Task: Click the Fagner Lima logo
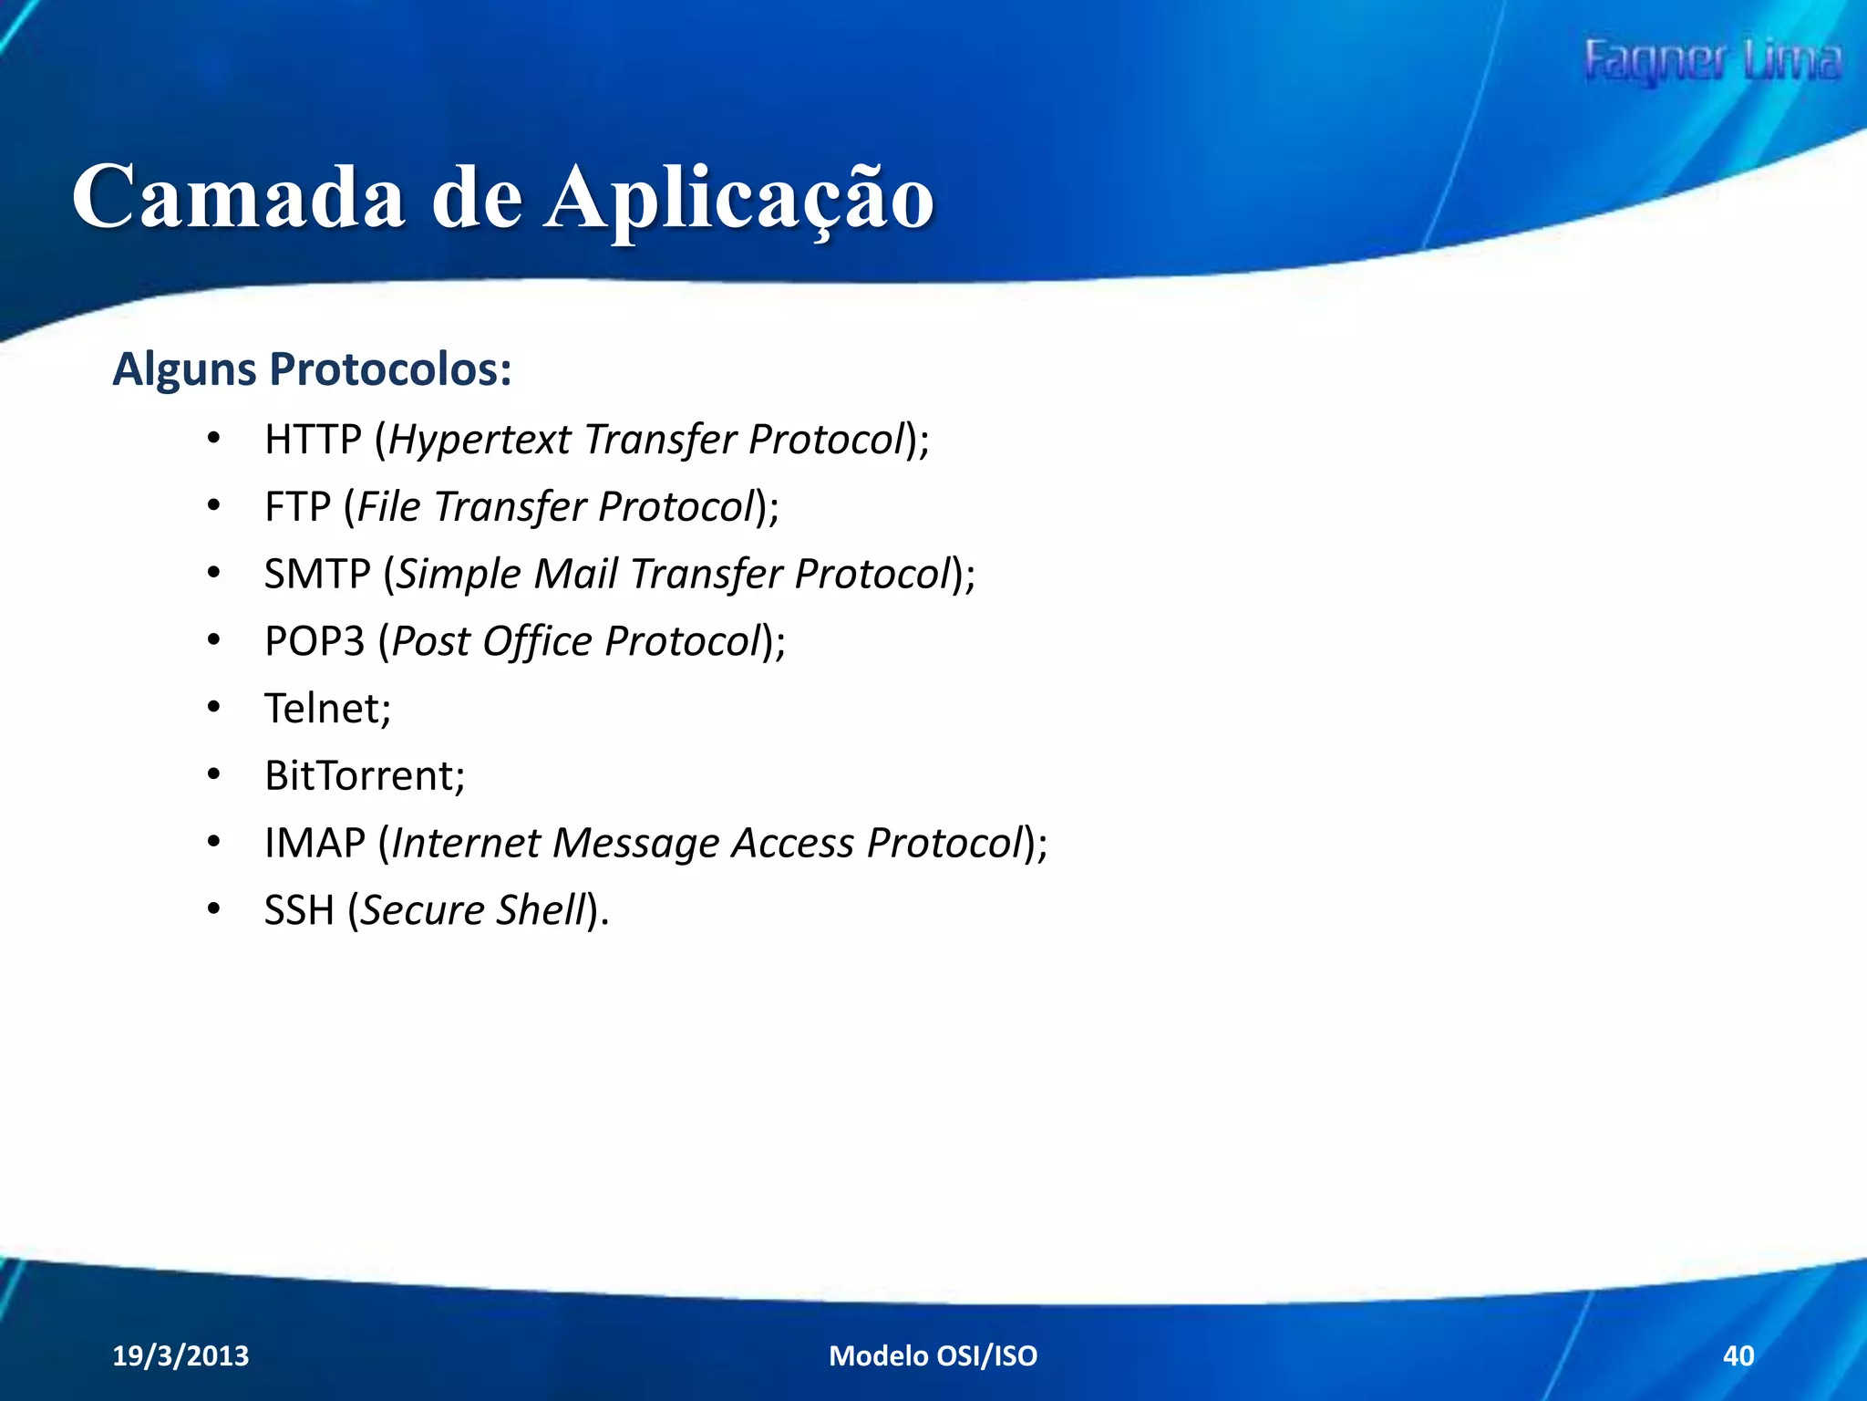(1712, 61)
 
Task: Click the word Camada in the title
(238, 197)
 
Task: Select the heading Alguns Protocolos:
(312, 370)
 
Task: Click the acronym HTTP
(313, 440)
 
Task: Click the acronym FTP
(297, 507)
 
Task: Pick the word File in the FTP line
(389, 507)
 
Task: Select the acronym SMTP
(316, 575)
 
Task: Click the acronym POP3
(315, 641)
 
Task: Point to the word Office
(537, 642)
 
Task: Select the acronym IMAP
(315, 843)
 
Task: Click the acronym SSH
(299, 910)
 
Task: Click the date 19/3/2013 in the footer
(181, 1356)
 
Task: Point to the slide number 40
(1738, 1356)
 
